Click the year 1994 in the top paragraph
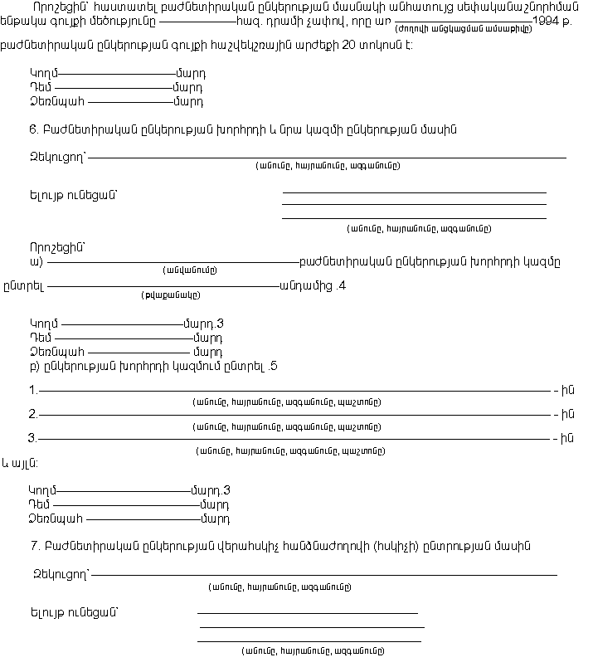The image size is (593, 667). click(546, 22)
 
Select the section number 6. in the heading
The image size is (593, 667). click(33, 129)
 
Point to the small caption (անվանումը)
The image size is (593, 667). click(190, 270)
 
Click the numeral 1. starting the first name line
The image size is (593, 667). click(33, 391)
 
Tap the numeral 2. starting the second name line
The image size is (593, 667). click(33, 415)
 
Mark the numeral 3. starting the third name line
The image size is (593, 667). click(33, 439)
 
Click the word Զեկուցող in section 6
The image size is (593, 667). click(57, 155)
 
